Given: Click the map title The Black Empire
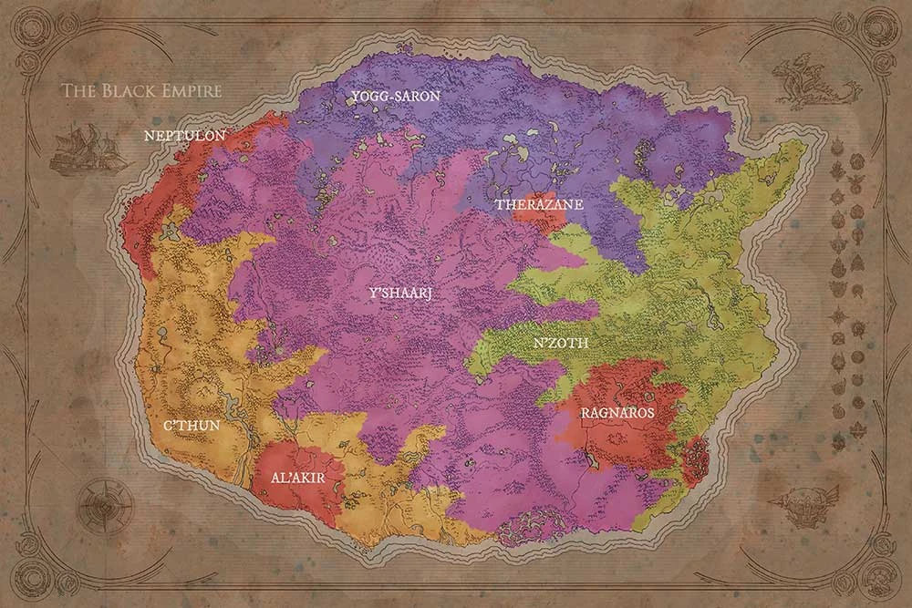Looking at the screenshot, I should pyautogui.click(x=140, y=91).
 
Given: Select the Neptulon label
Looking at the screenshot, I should pyautogui.click(x=185, y=135).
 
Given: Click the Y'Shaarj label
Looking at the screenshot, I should pyautogui.click(x=399, y=294).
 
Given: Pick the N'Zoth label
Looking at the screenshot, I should pyautogui.click(x=560, y=344).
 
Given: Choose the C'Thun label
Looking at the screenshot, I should pyautogui.click(x=191, y=425).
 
